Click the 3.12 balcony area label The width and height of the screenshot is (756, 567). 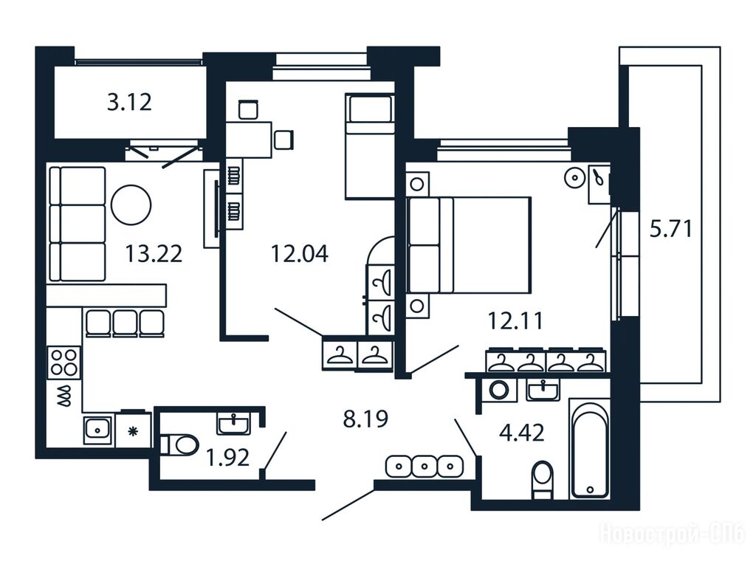[x=129, y=102]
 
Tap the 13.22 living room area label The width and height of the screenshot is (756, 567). [x=154, y=254]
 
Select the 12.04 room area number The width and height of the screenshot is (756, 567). [x=300, y=254]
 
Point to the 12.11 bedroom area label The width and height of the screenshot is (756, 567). [x=515, y=320]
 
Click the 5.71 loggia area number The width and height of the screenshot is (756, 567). [x=670, y=229]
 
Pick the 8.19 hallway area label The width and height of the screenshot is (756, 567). [x=365, y=419]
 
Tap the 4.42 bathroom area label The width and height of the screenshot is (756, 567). [x=522, y=433]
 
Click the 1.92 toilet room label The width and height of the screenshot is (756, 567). [x=227, y=458]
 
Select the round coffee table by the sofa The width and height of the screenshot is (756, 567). [x=131, y=205]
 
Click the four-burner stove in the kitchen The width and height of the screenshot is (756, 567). [x=64, y=362]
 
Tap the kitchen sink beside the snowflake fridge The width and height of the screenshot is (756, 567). [x=98, y=429]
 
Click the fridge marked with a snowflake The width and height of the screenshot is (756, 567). [x=133, y=430]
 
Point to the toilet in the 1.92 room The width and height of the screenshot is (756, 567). [x=179, y=444]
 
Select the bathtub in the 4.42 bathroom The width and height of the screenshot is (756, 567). [x=590, y=448]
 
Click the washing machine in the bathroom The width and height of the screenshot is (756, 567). [x=498, y=390]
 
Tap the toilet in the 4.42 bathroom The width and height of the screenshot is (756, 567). [x=543, y=480]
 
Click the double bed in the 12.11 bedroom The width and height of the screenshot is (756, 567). [x=469, y=245]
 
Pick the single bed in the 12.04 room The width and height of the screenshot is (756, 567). [x=370, y=146]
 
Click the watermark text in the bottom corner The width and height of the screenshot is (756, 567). [x=673, y=535]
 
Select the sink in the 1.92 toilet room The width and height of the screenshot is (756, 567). [x=234, y=424]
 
